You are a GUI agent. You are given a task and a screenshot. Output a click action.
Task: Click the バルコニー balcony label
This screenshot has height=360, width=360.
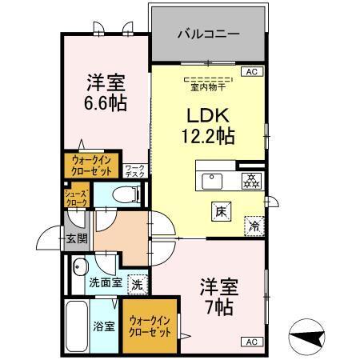pyautogui.click(x=207, y=36)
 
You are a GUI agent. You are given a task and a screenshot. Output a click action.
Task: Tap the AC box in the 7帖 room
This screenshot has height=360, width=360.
pyautogui.click(x=251, y=341)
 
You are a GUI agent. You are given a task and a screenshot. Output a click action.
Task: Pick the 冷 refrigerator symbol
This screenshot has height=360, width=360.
pyautogui.click(x=255, y=226)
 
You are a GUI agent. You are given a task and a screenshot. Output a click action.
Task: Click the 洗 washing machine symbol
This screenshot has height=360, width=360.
pyautogui.click(x=137, y=283)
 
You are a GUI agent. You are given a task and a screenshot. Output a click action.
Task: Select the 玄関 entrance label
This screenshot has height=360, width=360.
pyautogui.click(x=76, y=238)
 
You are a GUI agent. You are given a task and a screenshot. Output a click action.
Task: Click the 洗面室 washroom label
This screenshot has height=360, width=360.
pyautogui.click(x=104, y=282)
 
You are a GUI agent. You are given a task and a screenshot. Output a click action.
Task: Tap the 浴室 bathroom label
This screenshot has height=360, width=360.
pyautogui.click(x=103, y=326)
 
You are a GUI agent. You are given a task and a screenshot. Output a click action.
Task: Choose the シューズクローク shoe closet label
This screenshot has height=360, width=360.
pyautogui.click(x=77, y=197)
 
